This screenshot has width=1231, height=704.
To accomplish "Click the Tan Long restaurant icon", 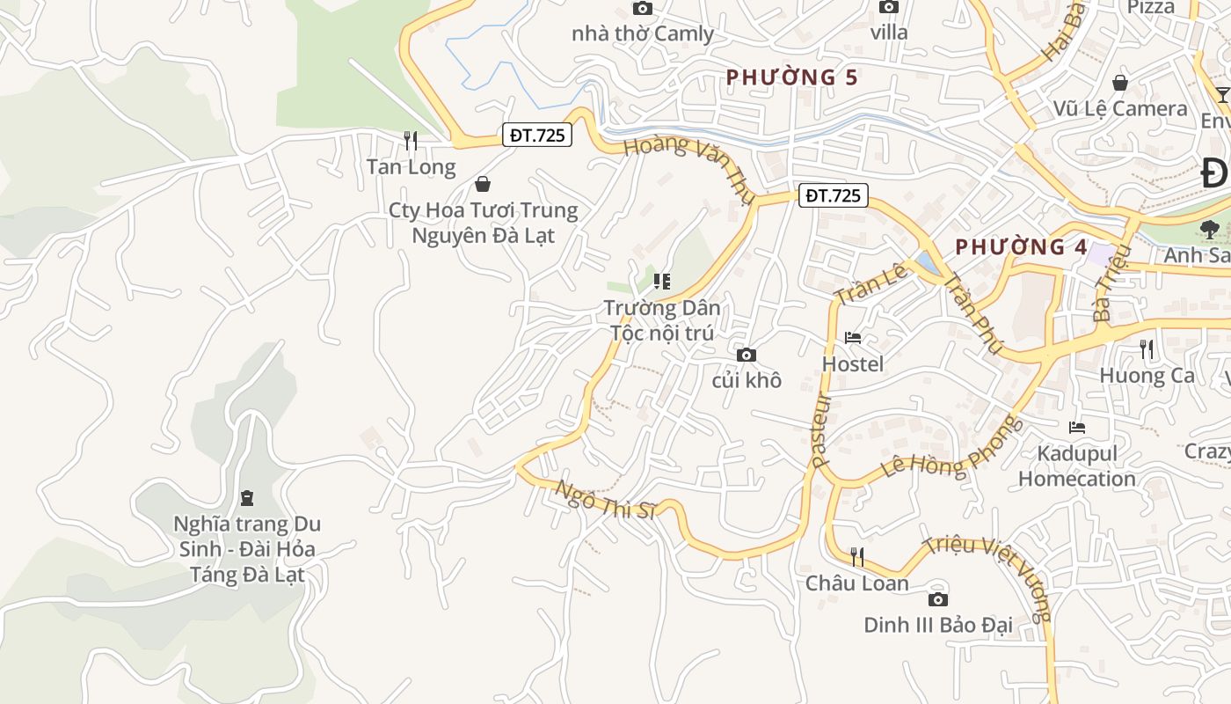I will pyautogui.click(x=410, y=139).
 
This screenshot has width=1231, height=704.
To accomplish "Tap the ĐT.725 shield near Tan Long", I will pyautogui.click(x=537, y=135).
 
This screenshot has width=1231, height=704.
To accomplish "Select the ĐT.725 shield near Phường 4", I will pyautogui.click(x=833, y=195).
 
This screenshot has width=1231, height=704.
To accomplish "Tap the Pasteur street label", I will pyautogui.click(x=821, y=429).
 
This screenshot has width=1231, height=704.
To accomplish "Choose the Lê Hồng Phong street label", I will pyautogui.click(x=951, y=454).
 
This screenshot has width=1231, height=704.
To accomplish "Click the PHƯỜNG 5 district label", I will pyautogui.click(x=791, y=77).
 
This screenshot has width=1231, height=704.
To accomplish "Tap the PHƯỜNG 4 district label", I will pyautogui.click(x=1021, y=247).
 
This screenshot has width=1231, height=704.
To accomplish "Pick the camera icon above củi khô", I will pyautogui.click(x=747, y=355).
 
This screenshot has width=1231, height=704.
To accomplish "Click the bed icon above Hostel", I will pyautogui.click(x=853, y=337).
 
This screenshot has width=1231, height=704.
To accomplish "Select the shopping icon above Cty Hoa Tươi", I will pyautogui.click(x=482, y=184).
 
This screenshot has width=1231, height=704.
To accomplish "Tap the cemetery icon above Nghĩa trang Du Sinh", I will pyautogui.click(x=246, y=498).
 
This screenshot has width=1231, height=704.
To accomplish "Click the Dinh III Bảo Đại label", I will pyautogui.click(x=937, y=625).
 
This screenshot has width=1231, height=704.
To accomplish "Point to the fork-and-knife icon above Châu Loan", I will pyautogui.click(x=857, y=556).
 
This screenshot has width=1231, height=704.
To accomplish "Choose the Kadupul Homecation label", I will pyautogui.click(x=1077, y=466).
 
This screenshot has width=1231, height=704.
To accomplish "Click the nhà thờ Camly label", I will pyautogui.click(x=642, y=34).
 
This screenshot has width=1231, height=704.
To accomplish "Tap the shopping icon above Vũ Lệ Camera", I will pyautogui.click(x=1120, y=83).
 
